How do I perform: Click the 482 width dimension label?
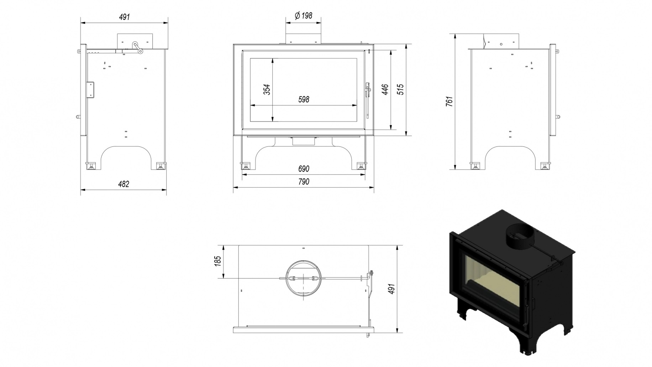point(123,184)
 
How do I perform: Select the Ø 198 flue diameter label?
point(303,16)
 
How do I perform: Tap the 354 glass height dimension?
point(267,90)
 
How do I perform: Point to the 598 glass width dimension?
point(304,99)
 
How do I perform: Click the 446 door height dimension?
point(385,90)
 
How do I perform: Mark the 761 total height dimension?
point(449,102)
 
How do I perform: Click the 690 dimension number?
point(304,169)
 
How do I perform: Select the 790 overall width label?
point(304,182)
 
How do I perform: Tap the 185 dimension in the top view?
point(218,261)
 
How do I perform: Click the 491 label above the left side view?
point(124,17)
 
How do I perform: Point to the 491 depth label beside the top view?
point(391,289)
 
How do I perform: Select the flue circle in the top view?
point(304,278)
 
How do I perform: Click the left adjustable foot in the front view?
point(245,166)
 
